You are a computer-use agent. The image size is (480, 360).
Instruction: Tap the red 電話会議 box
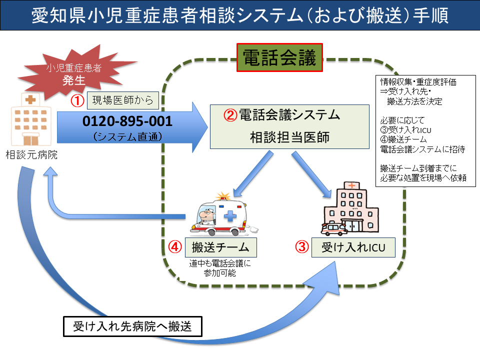click(279, 57)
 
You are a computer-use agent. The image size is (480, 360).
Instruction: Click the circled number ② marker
click(229, 115)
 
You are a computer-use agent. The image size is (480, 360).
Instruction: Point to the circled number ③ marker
click(301, 247)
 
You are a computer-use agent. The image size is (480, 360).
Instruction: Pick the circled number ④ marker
click(174, 247)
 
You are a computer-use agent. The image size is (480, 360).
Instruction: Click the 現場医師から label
click(122, 100)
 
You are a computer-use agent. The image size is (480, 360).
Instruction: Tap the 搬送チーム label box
click(220, 247)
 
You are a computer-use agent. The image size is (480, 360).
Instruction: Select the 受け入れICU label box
click(352, 247)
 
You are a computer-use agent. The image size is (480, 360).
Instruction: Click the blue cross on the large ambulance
click(229, 216)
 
